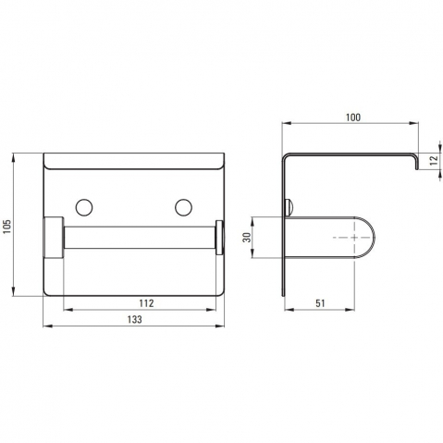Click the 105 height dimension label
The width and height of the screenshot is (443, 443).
point(7,227)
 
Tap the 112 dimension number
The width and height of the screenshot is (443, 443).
point(146,303)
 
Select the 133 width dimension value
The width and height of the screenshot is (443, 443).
point(135,319)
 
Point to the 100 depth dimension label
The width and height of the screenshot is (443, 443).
point(353,117)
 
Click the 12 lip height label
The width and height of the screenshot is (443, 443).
point(434,160)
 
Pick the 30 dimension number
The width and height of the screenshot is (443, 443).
point(247,237)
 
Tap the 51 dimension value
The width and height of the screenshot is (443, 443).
point(320,303)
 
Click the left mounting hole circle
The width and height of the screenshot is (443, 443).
point(84,207)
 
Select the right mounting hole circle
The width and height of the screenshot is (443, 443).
point(184,207)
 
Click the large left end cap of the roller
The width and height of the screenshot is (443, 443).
point(54,237)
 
